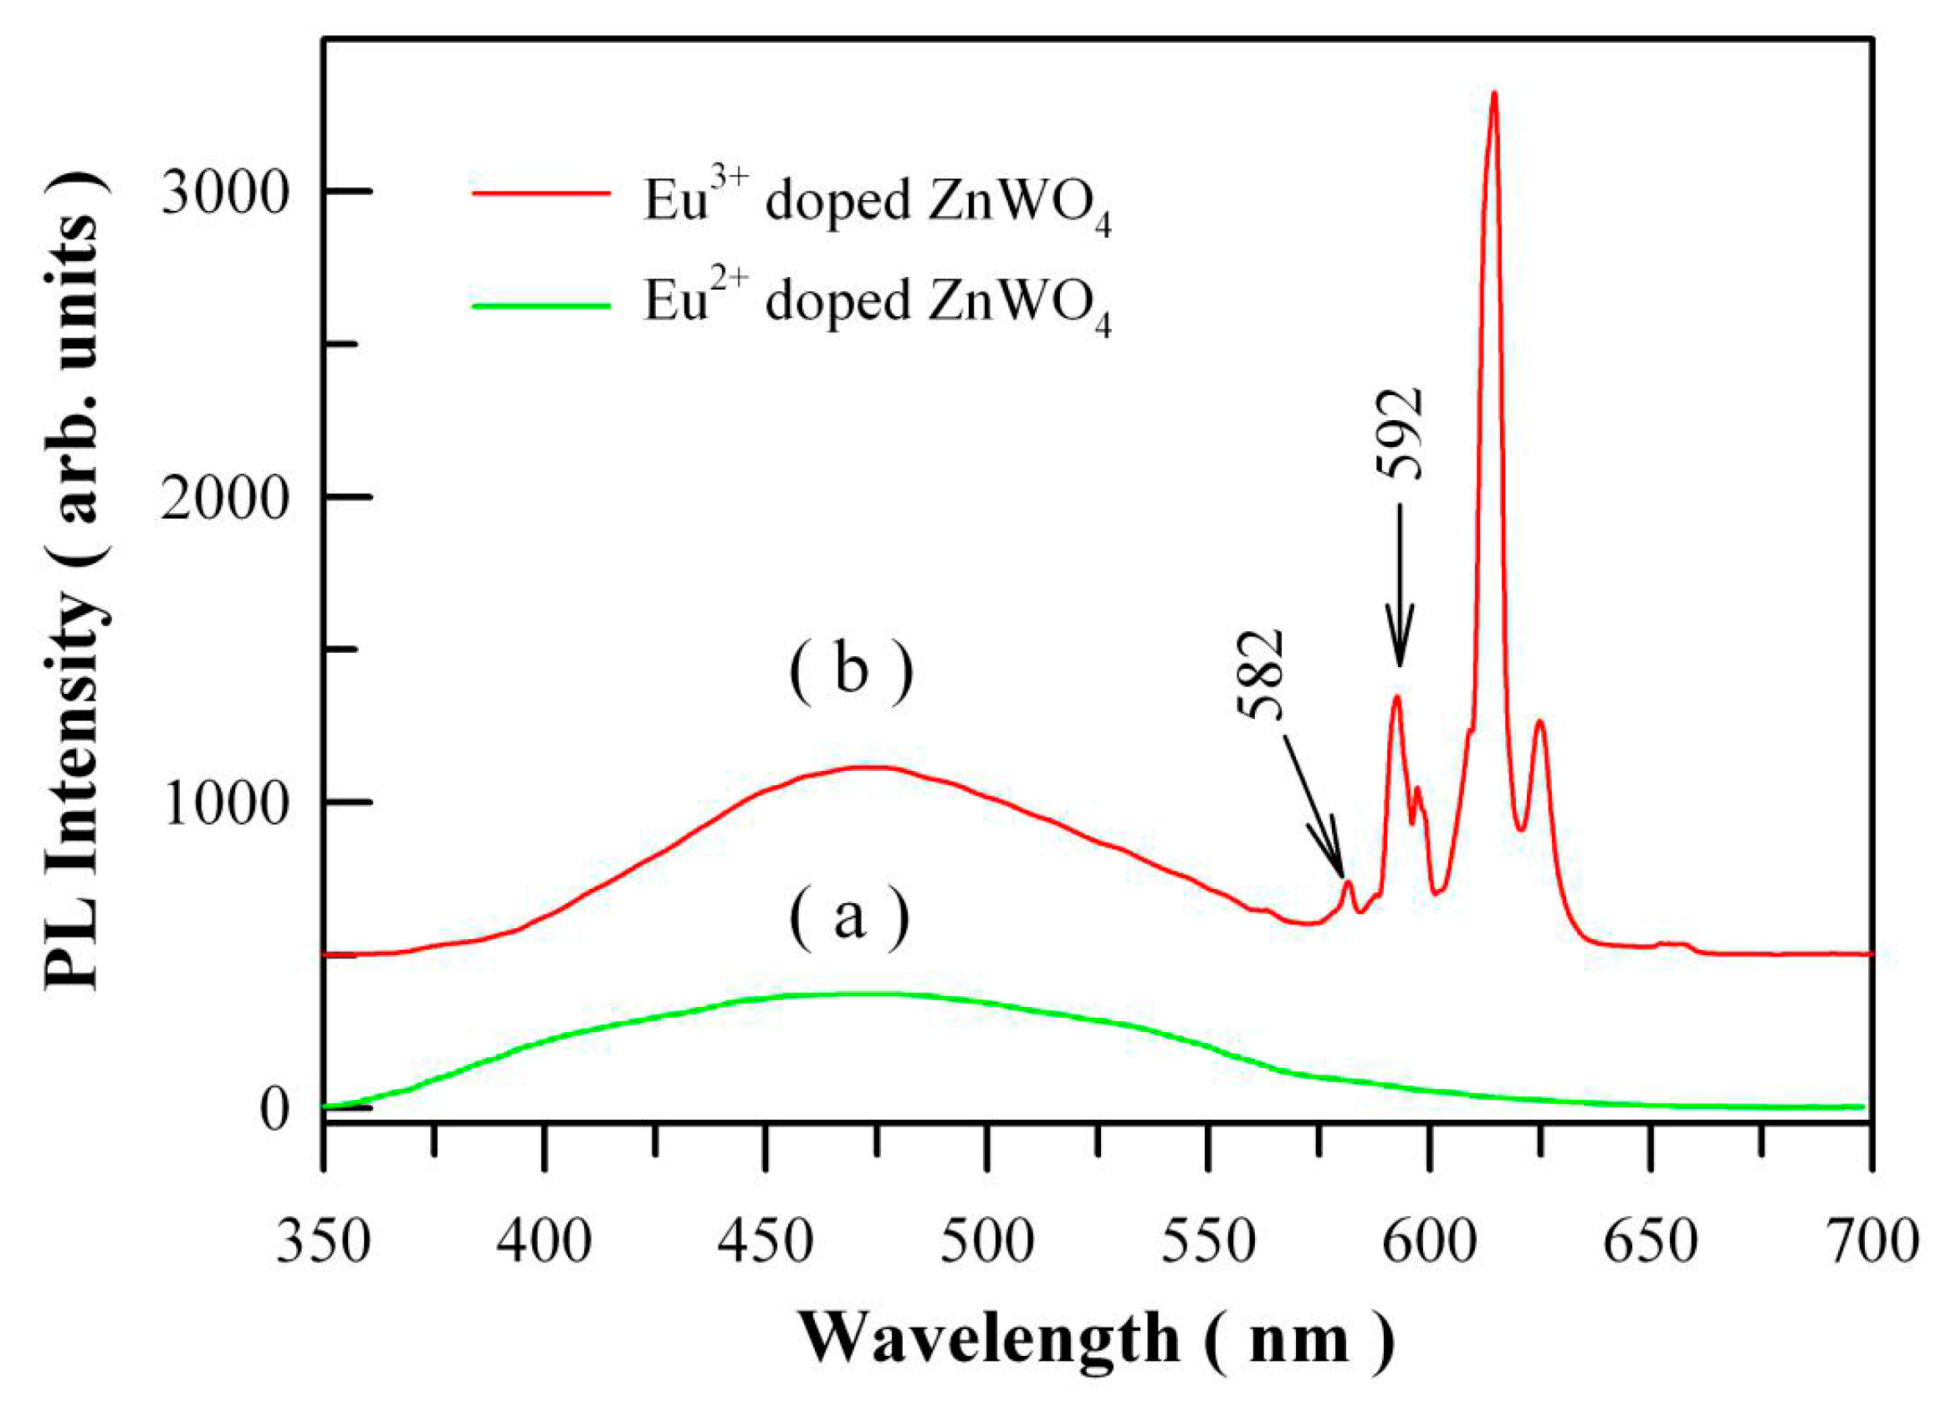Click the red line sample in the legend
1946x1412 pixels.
pyautogui.click(x=540, y=194)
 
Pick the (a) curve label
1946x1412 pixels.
pyautogui.click(x=849, y=918)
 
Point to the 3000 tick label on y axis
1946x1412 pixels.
pyautogui.click(x=223, y=193)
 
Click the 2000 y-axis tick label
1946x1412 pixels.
pyautogui.click(x=223, y=498)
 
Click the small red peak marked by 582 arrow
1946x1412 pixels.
pyautogui.click(x=1348, y=882)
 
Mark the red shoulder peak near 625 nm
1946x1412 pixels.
pyautogui.click(x=1540, y=721)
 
